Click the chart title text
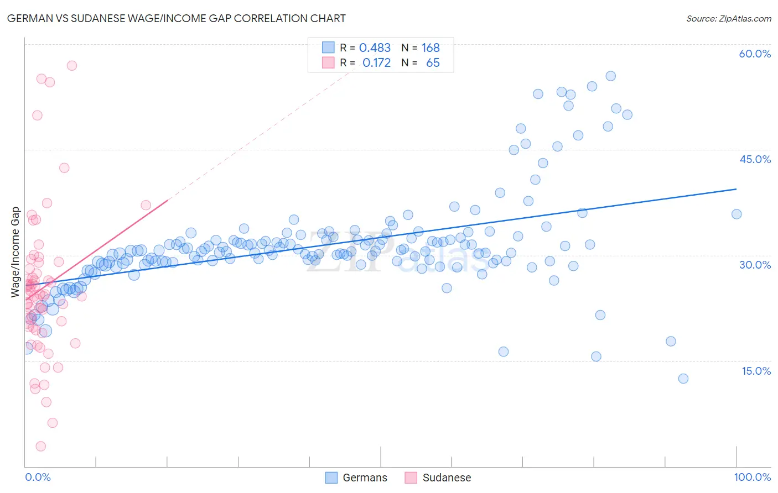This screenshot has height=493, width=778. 176,18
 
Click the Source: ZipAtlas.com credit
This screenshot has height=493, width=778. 728,19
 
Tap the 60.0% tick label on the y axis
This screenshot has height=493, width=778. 755,54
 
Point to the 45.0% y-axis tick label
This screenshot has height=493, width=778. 755,159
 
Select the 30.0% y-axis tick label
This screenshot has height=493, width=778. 755,265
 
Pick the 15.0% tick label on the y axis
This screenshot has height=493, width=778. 756,371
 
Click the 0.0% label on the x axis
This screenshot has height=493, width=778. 38,477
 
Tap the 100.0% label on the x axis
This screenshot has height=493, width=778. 752,477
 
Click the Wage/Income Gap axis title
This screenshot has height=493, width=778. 15,252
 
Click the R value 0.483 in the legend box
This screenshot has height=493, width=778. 375,48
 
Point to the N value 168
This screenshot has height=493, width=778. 431,48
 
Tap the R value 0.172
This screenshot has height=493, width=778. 376,63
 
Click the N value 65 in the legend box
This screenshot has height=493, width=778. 433,63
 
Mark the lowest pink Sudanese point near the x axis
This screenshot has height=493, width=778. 40,446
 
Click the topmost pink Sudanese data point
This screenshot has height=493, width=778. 71,65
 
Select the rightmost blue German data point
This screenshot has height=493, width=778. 736,214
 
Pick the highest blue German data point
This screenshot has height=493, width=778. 610,76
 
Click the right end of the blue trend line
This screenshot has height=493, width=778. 736,189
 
